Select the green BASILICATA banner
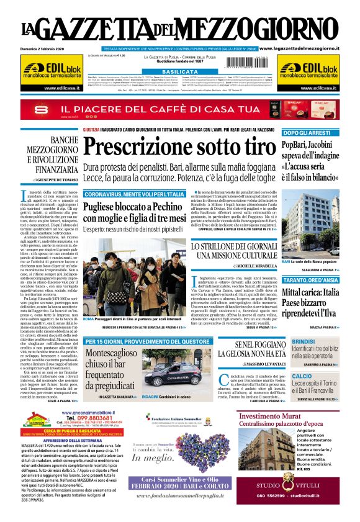179,72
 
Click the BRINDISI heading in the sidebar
302,341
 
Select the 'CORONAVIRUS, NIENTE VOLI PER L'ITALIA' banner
134,194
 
